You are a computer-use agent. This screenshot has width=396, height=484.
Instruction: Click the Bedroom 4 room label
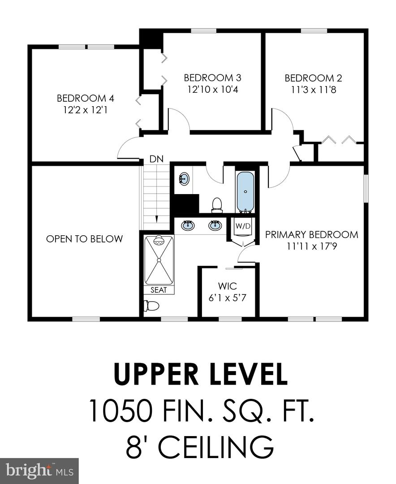coord(86,99)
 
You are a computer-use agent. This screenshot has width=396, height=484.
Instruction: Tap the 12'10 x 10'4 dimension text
coord(213,90)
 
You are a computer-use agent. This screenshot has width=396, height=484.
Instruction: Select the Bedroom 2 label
coord(313,78)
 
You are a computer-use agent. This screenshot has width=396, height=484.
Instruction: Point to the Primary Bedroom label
coord(312,234)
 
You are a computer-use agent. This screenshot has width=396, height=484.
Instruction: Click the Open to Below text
coord(84,238)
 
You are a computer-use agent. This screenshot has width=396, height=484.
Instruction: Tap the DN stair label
coord(156,159)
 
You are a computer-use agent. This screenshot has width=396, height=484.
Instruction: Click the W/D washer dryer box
coord(243,226)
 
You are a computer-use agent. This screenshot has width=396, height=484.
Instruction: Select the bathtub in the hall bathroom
coord(245,192)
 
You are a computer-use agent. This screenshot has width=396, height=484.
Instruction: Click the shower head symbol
coord(159,241)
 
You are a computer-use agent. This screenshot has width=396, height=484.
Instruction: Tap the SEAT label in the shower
coord(159,290)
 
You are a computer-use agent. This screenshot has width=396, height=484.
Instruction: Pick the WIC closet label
coord(228,286)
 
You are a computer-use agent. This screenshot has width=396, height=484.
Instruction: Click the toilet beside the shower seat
coord(151,306)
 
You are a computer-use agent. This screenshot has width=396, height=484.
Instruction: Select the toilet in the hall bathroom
coord(217,205)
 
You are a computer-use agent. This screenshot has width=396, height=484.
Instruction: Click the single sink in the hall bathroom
coord(184,179)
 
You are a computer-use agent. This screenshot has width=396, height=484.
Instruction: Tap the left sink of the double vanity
coord(188,225)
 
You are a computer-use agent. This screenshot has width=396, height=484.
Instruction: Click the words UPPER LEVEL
coord(201,374)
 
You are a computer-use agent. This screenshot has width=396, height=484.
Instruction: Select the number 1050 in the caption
coord(121,411)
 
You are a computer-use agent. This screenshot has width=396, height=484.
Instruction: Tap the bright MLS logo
coord(39,471)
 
